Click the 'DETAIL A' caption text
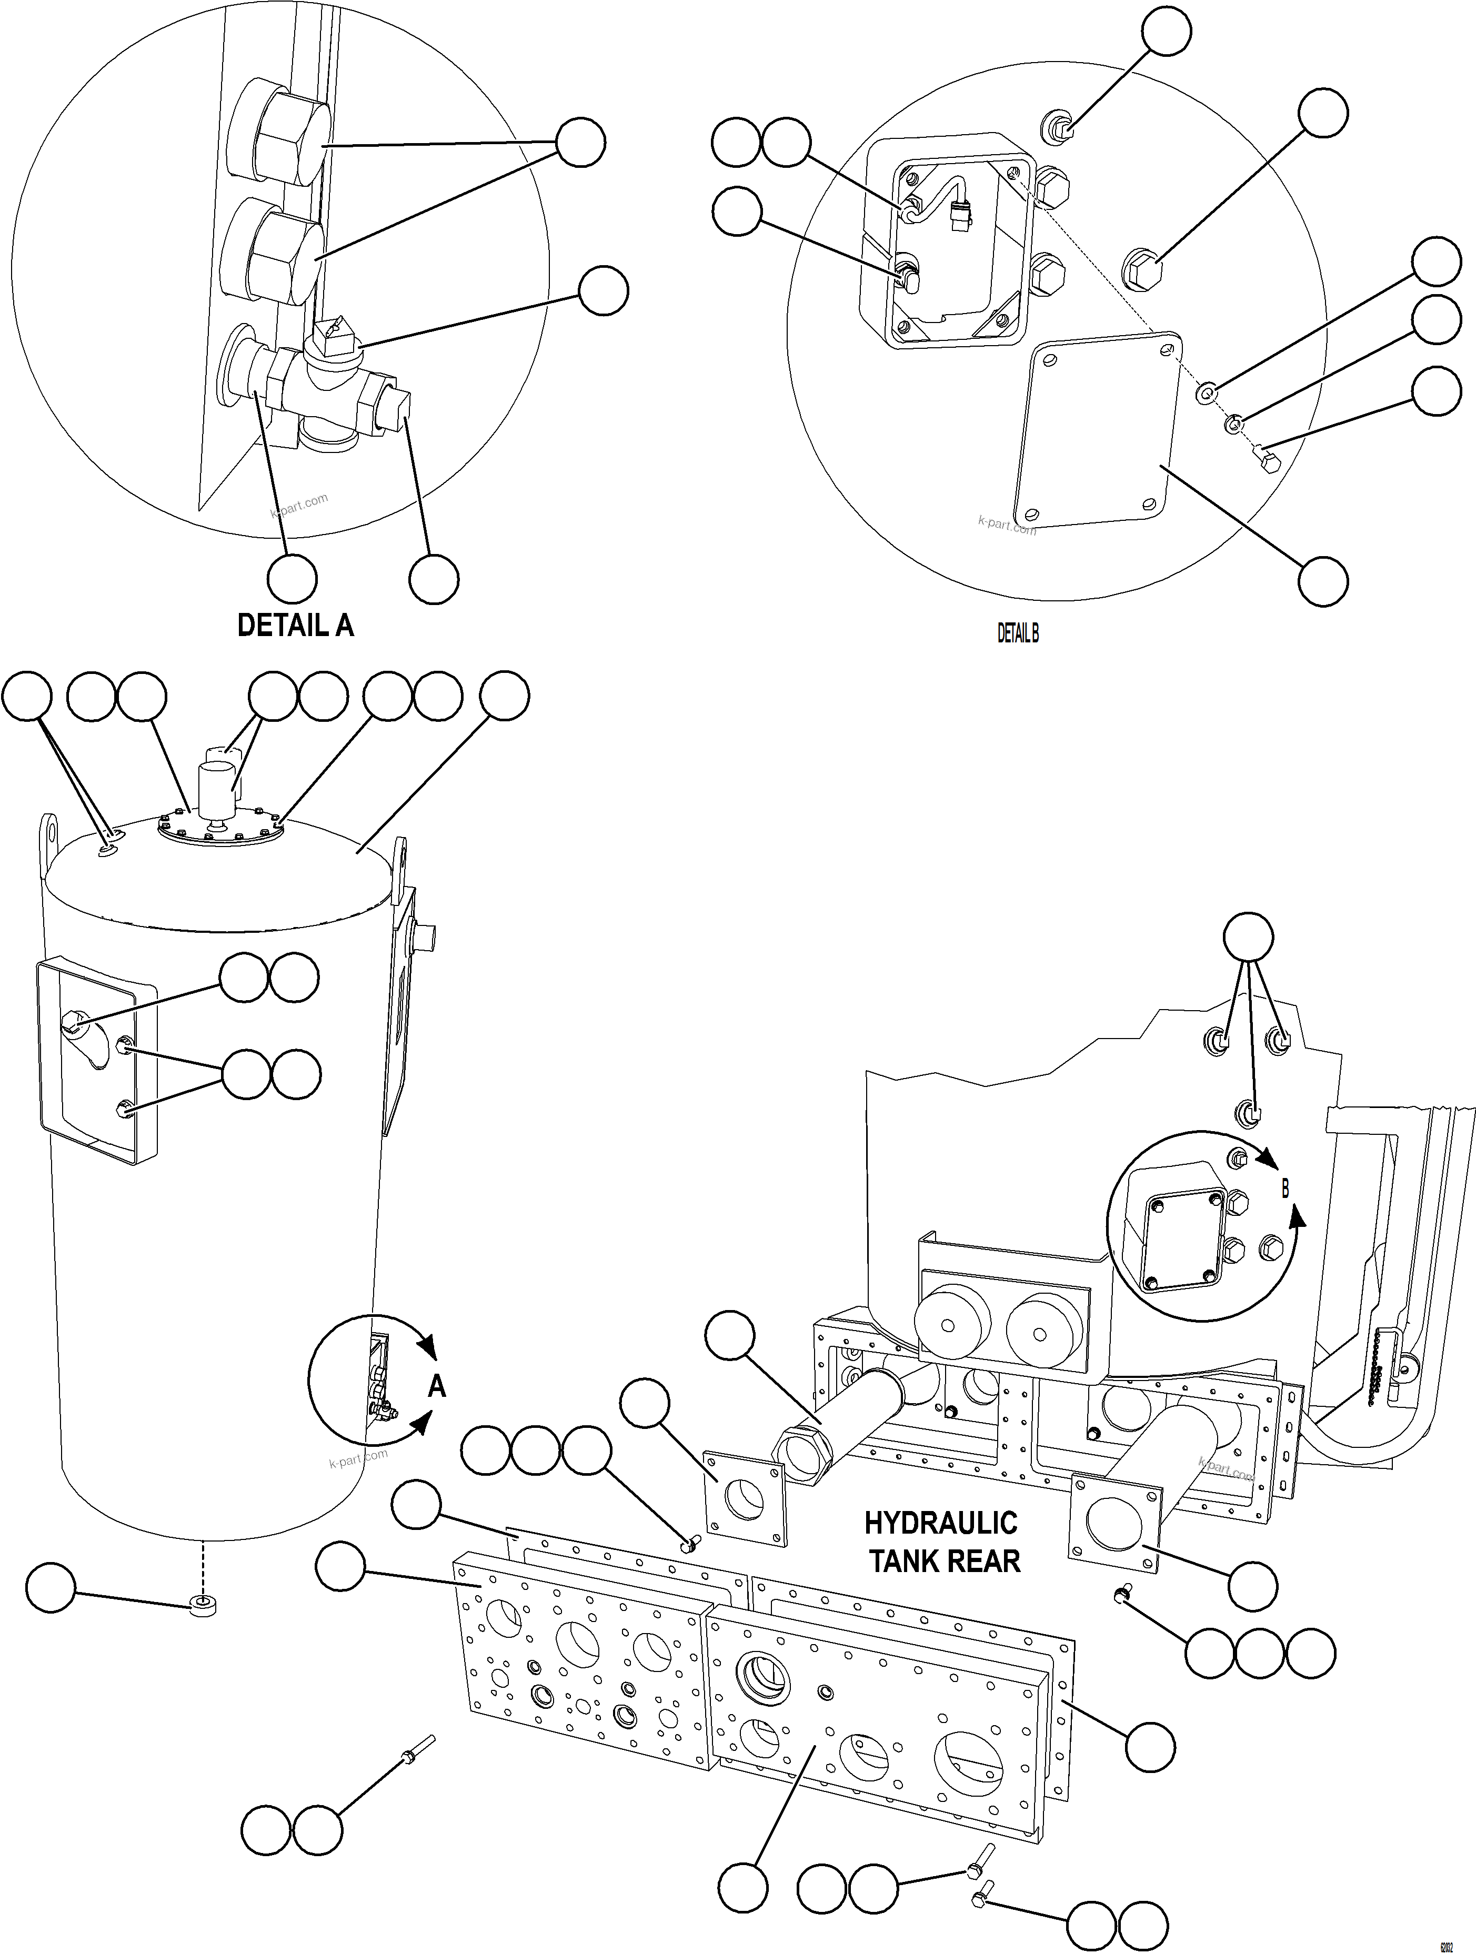(x=295, y=626)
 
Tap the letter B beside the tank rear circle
(x=1285, y=1190)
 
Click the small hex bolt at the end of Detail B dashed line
(x=1265, y=459)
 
